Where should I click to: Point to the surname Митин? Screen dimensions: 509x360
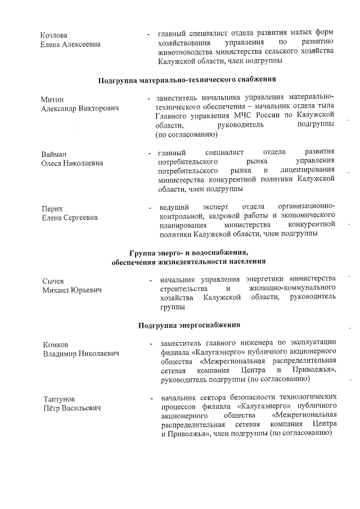pos(52,99)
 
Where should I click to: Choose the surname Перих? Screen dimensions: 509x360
pos(52,208)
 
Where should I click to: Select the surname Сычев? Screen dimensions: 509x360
pos(54,281)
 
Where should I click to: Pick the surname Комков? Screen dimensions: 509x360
pos(56,345)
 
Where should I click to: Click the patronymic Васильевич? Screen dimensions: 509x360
pos(78,408)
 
